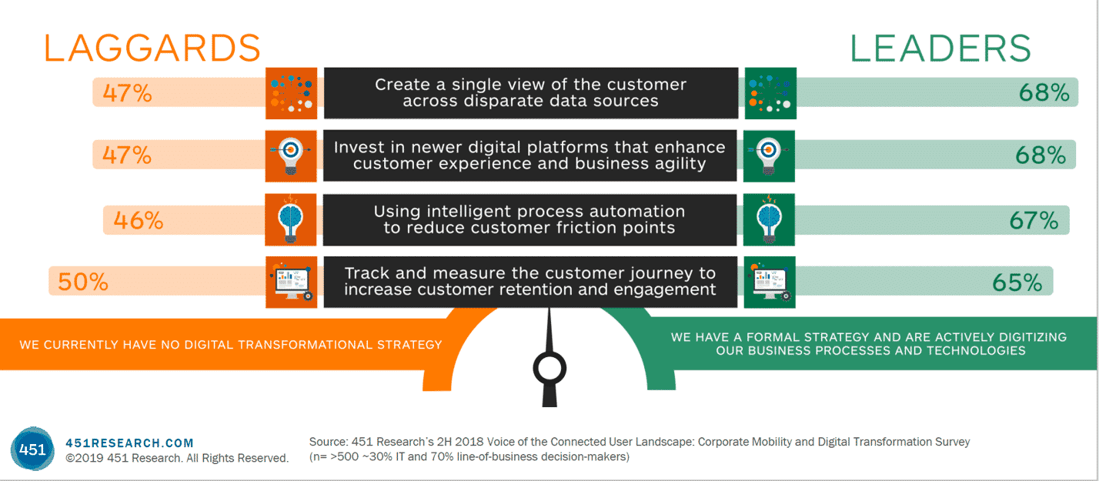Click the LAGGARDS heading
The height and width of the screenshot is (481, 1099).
pyautogui.click(x=152, y=48)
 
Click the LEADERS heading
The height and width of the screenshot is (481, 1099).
pyautogui.click(x=940, y=48)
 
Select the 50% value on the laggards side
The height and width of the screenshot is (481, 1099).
pyautogui.click(x=83, y=282)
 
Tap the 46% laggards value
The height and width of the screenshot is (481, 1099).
pyautogui.click(x=139, y=220)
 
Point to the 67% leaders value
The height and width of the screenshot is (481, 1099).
pyautogui.click(x=1034, y=220)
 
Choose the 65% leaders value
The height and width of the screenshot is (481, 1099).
pyautogui.click(x=1017, y=282)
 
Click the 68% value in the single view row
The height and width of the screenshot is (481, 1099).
pyautogui.click(x=1044, y=93)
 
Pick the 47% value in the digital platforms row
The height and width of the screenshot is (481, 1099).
pyautogui.click(x=127, y=155)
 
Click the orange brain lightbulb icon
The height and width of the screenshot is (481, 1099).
pyautogui.click(x=291, y=219)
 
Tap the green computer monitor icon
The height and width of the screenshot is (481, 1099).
pyautogui.click(x=770, y=282)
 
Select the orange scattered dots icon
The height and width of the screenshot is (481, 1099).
pyautogui.click(x=291, y=93)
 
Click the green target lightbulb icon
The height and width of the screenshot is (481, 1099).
pyautogui.click(x=770, y=155)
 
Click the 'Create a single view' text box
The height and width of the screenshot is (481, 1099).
pyautogui.click(x=530, y=93)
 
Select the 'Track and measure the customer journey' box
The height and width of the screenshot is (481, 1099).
pyautogui.click(x=530, y=282)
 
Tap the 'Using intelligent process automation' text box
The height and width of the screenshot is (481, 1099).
pyautogui.click(x=530, y=219)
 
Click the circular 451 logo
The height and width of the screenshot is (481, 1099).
pyautogui.click(x=33, y=449)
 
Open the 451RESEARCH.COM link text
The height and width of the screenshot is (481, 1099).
pyautogui.click(x=129, y=443)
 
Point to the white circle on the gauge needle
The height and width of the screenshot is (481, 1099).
pyautogui.click(x=549, y=369)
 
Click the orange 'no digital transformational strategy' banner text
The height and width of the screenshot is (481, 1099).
pyautogui.click(x=231, y=344)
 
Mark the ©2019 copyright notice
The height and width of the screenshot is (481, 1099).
pyautogui.click(x=177, y=458)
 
